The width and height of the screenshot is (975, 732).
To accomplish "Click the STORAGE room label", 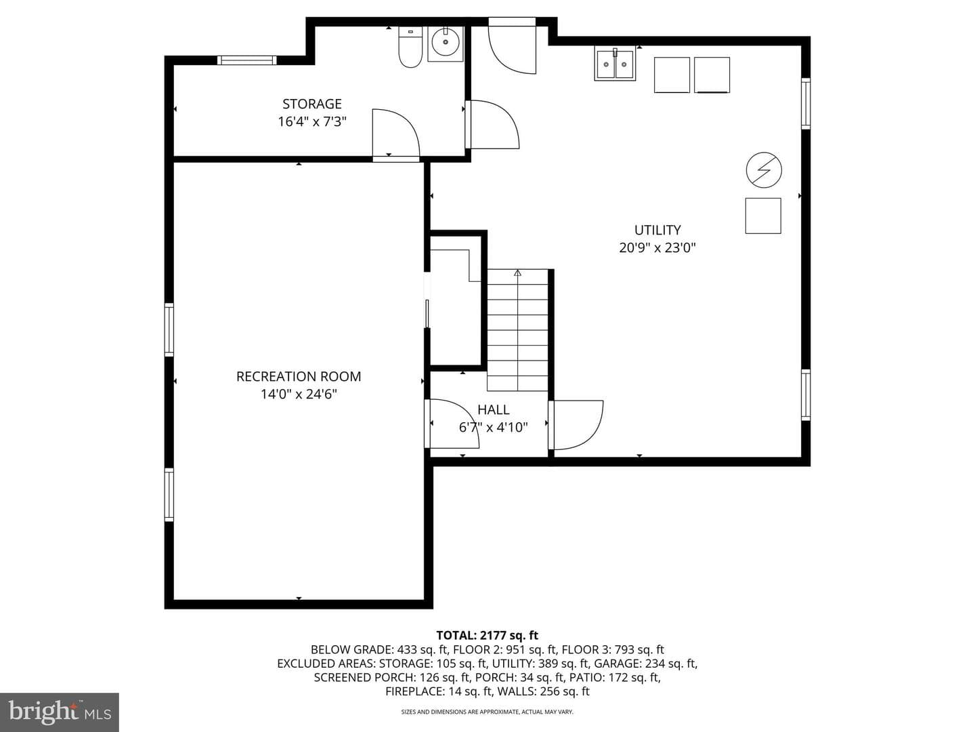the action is click(312, 104).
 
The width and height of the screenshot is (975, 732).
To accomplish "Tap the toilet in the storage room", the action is click(410, 47).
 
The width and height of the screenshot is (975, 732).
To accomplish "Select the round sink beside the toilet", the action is click(446, 43).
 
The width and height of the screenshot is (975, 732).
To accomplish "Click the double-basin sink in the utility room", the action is click(615, 64).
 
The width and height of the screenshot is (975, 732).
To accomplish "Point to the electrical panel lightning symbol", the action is click(764, 170).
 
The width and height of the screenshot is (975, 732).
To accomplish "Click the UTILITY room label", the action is click(657, 230).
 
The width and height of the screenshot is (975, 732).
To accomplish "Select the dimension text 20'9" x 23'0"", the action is click(657, 247).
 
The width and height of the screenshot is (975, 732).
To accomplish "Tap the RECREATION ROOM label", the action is click(299, 376).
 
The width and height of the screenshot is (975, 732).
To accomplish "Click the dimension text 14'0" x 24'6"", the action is click(299, 394).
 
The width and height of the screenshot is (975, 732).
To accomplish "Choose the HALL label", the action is click(493, 409).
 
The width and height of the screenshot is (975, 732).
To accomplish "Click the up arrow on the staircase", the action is click(517, 273).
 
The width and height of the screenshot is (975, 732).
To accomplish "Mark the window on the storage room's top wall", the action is click(247, 60).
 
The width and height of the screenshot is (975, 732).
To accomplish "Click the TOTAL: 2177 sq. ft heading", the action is click(487, 635).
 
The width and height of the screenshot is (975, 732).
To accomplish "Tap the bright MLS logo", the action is click(60, 712).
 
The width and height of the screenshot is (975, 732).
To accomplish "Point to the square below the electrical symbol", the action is click(763, 216).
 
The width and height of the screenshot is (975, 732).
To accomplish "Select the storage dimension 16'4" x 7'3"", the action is click(312, 121).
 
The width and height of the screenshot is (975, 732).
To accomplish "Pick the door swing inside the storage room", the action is click(396, 133).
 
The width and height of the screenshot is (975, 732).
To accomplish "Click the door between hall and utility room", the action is click(576, 425).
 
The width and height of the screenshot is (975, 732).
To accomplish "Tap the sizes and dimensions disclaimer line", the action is click(487, 712).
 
